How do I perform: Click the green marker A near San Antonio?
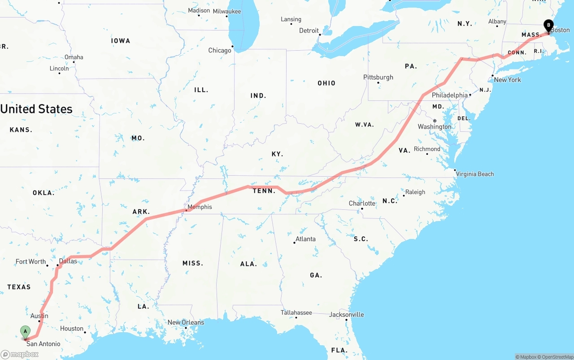(x=26, y=332)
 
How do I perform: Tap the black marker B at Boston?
(x=548, y=26)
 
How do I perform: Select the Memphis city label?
(x=200, y=207)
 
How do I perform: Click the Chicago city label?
(x=220, y=51)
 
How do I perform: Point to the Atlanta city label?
(x=305, y=239)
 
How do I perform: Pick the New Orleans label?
(x=186, y=322)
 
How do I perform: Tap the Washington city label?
(x=435, y=127)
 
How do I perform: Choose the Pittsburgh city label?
(x=378, y=77)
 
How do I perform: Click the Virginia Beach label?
(x=475, y=174)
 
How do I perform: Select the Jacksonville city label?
(x=347, y=314)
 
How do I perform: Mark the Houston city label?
(x=72, y=329)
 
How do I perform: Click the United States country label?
(x=36, y=109)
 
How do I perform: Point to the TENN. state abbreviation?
(x=264, y=191)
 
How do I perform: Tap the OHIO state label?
(x=326, y=83)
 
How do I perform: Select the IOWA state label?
(x=121, y=41)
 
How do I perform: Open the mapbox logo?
(x=20, y=354)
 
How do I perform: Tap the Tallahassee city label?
(x=296, y=312)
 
